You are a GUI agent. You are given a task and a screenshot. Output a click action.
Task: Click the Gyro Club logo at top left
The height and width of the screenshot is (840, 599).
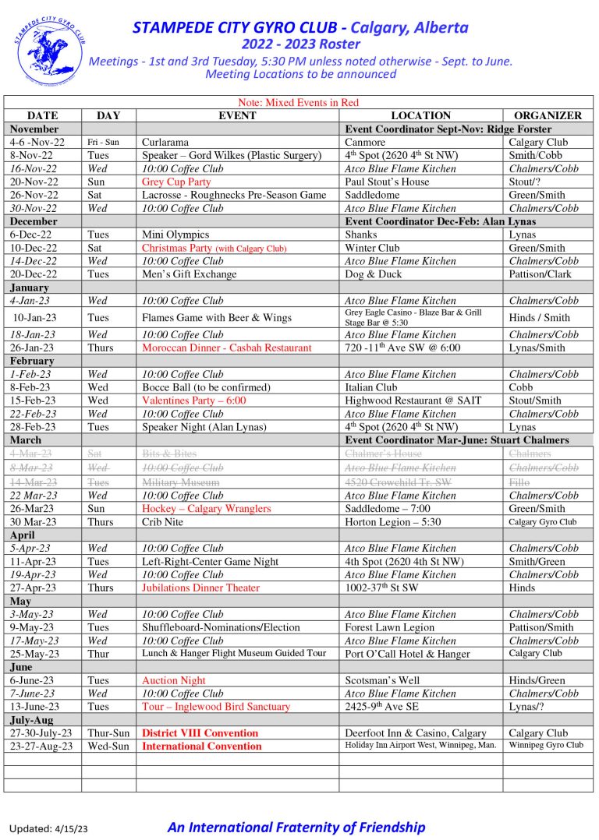point(49,51)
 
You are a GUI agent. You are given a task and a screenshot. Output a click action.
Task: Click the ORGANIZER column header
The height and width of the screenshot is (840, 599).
point(548,115)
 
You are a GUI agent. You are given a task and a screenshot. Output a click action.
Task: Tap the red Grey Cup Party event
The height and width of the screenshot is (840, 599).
point(176,182)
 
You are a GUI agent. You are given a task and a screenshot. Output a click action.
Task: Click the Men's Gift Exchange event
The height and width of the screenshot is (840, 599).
point(189,274)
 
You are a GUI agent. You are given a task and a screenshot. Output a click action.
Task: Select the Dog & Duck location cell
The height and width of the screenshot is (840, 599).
point(371,274)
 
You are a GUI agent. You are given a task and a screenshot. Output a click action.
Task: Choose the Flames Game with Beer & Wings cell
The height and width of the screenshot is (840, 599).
point(217,317)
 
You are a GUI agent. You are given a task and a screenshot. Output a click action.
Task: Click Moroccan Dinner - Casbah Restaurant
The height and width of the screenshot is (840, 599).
point(226,348)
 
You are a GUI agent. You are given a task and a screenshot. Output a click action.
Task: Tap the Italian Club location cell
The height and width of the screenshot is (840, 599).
point(371,387)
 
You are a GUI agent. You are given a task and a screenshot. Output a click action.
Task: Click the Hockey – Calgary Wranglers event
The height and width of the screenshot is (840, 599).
point(206,509)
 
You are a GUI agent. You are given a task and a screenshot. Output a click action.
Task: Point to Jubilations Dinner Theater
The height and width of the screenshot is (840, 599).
point(200,588)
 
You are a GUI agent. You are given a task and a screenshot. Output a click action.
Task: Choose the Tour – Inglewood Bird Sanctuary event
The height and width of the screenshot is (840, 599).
point(215,707)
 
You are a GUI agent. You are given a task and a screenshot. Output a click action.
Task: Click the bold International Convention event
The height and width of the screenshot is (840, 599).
point(201,746)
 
